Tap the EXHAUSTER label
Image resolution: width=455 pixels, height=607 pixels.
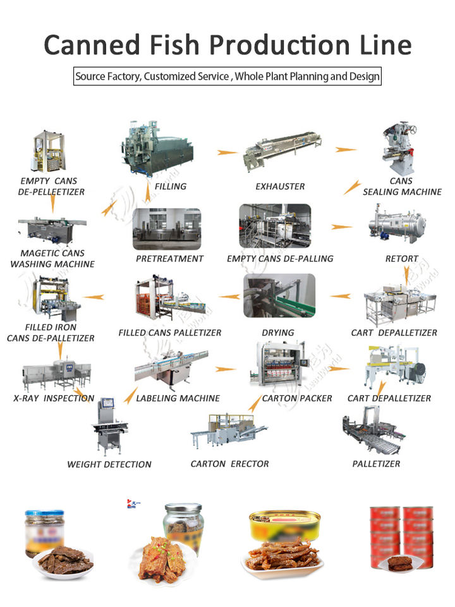[280, 187]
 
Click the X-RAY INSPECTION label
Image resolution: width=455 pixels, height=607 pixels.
[54, 398]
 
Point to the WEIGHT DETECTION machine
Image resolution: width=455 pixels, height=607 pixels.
[109, 425]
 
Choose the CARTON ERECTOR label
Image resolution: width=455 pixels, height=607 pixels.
[229, 464]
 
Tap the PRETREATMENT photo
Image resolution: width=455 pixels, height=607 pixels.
[167, 228]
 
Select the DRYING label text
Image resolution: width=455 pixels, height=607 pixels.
[278, 333]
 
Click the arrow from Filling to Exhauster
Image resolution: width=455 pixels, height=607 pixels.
[227, 152]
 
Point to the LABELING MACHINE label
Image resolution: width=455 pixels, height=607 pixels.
[178, 398]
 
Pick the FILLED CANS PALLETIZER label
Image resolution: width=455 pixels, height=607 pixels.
[170, 333]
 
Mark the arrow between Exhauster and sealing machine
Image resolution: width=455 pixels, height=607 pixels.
[346, 150]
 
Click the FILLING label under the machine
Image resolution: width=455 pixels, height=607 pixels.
[171, 187]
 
